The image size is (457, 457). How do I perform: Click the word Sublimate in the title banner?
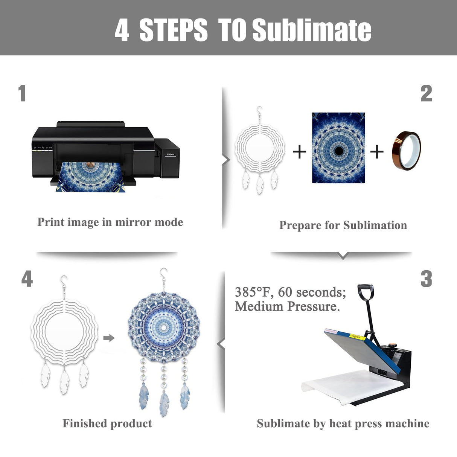(312, 30)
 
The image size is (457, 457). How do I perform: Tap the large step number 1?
(22, 93)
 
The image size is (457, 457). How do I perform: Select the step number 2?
(426, 93)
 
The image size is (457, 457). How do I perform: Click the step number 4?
(27, 279)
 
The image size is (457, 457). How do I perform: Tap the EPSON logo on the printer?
(171, 154)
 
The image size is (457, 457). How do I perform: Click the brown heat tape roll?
(407, 151)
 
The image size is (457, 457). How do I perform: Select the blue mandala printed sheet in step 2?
(338, 148)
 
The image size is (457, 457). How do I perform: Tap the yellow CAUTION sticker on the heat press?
(358, 337)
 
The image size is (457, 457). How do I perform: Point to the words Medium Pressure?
(288, 306)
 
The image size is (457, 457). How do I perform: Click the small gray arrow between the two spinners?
(109, 338)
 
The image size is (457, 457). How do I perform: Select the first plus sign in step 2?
(300, 152)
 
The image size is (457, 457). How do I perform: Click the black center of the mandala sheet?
(339, 151)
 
